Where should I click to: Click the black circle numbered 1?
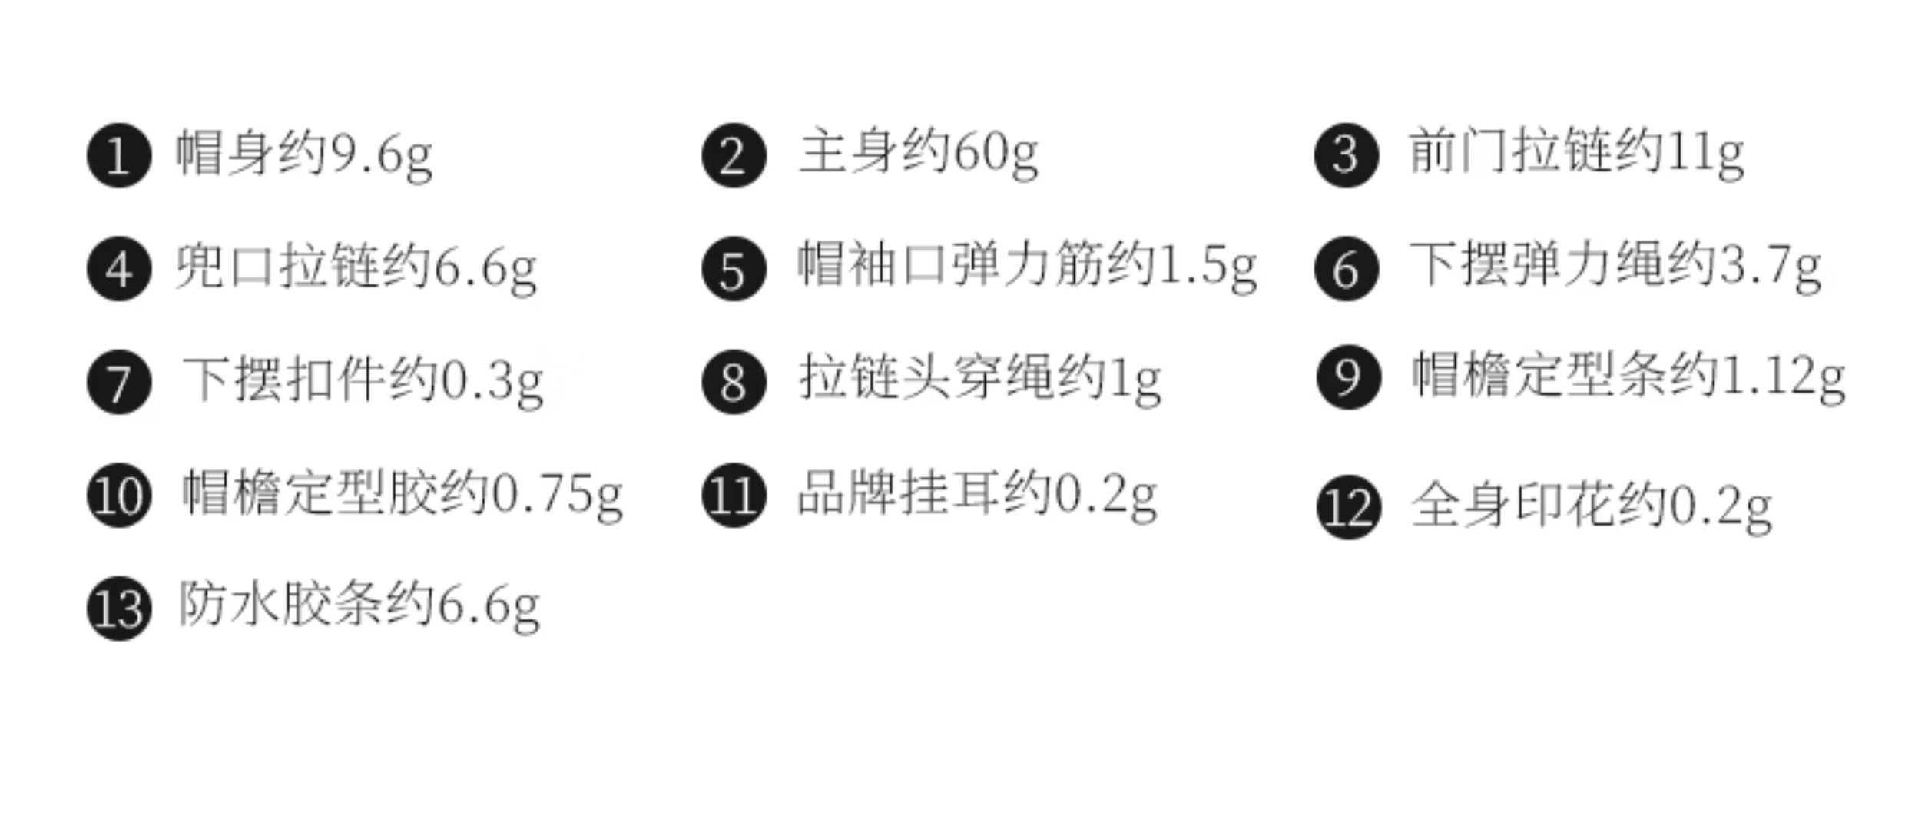119,155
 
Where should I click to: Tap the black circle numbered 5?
734,269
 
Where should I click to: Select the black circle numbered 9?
1348,377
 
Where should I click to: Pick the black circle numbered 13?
119,608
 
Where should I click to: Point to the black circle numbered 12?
1348,506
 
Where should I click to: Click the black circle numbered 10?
119,495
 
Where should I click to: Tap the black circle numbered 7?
119,382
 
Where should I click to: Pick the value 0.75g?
557,495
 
